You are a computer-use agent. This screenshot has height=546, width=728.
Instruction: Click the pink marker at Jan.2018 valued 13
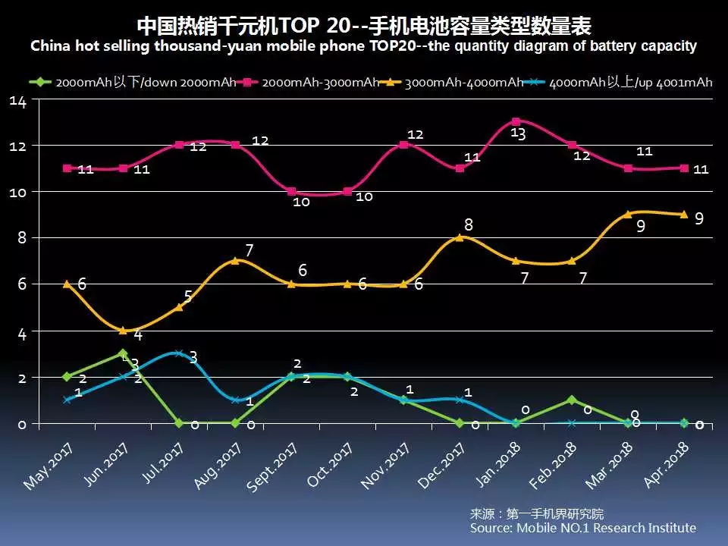tap(516, 121)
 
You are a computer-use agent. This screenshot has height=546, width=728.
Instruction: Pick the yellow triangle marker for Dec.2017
tap(460, 237)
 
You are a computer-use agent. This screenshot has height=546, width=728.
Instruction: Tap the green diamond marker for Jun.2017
tap(123, 353)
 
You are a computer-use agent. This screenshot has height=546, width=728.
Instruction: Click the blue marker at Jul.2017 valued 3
tap(179, 353)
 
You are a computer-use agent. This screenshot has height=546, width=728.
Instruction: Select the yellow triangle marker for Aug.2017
tap(235, 260)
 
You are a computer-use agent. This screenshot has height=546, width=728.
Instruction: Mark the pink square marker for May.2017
tap(67, 168)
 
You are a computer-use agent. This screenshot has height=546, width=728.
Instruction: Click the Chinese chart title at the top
tap(364, 24)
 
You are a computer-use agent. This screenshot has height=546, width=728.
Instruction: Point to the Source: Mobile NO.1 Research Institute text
tap(582, 528)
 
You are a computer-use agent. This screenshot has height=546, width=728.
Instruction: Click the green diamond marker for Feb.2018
tap(572, 400)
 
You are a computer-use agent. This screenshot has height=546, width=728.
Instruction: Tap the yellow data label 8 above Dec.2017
tap(469, 224)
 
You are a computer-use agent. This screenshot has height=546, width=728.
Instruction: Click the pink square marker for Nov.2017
tap(403, 144)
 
